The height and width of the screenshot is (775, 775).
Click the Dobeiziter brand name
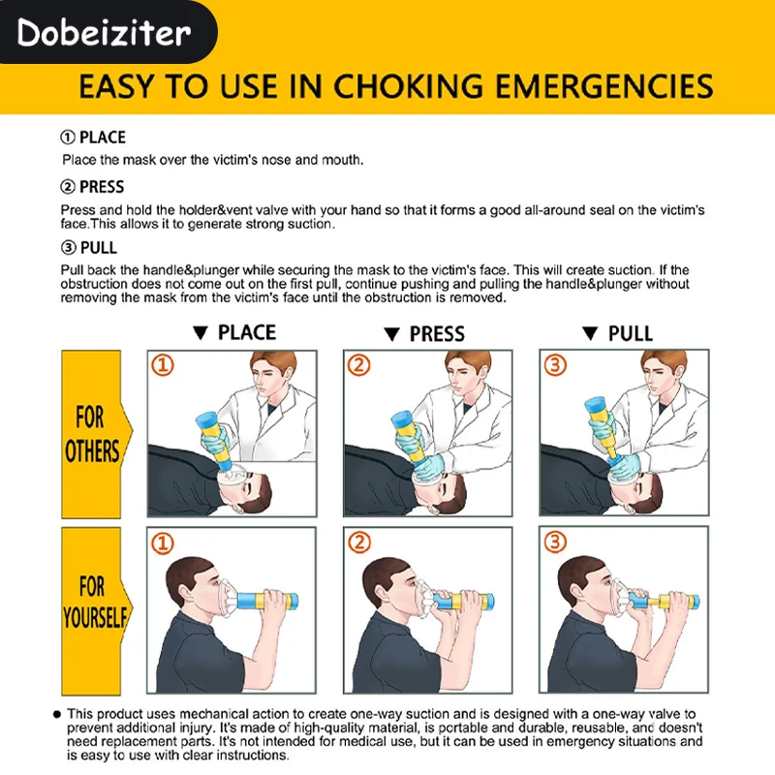click(104, 33)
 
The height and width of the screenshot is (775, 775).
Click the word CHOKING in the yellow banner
click(408, 86)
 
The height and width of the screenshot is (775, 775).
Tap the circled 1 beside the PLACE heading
click(68, 137)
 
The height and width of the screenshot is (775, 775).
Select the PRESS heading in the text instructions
click(102, 187)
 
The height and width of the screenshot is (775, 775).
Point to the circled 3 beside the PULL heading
click(68, 247)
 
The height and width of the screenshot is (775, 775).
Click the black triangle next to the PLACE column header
click(201, 332)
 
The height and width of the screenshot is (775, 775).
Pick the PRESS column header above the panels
click(437, 333)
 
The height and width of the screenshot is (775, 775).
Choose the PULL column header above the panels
click(631, 333)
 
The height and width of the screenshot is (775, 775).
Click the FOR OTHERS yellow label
click(92, 434)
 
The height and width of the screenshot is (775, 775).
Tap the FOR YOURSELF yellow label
click(94, 611)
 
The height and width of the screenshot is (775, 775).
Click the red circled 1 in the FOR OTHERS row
click(163, 365)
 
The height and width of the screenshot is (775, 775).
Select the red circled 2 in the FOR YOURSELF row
click(359, 542)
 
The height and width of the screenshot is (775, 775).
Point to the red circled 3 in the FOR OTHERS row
click(555, 365)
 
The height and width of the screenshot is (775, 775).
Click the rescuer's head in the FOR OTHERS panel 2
click(466, 372)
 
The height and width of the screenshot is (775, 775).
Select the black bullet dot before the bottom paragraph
click(57, 714)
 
